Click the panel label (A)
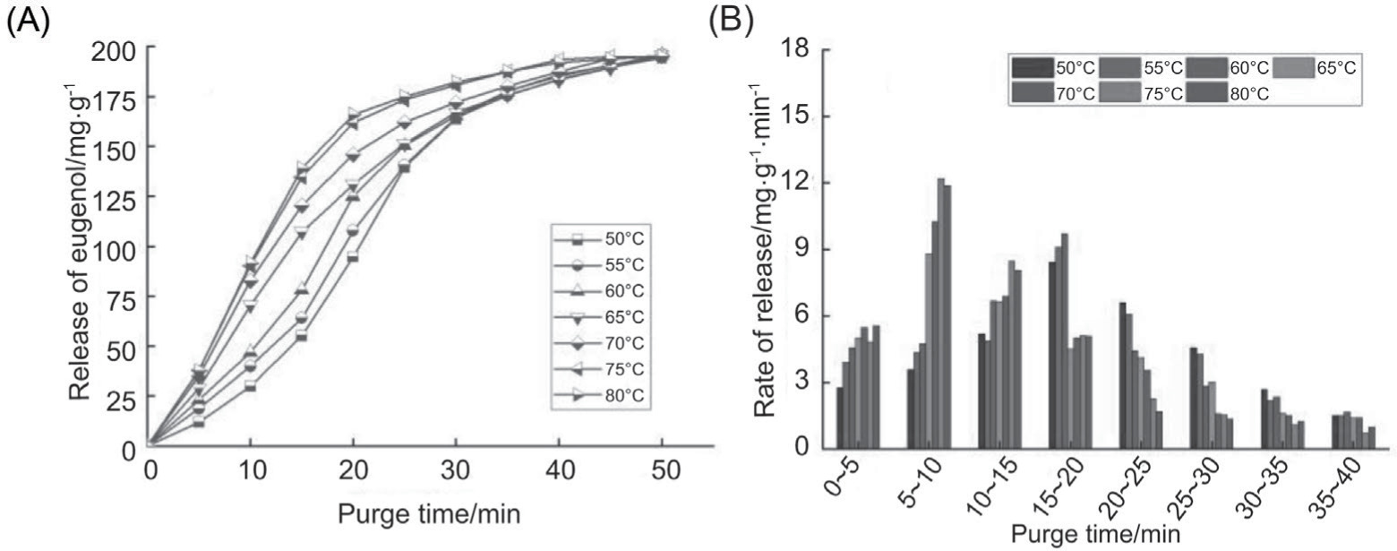pyautogui.click(x=28, y=20)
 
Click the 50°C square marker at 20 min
pyautogui.click(x=354, y=256)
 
